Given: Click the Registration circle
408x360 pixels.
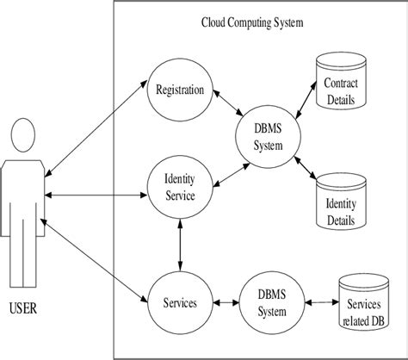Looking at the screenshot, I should point(180,90).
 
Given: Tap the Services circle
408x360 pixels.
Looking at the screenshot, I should point(180,303).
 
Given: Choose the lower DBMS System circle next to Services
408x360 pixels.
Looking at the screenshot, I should point(268,303).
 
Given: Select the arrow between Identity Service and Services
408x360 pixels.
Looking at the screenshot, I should point(180,245).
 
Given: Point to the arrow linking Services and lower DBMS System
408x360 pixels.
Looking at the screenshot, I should point(224,303).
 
